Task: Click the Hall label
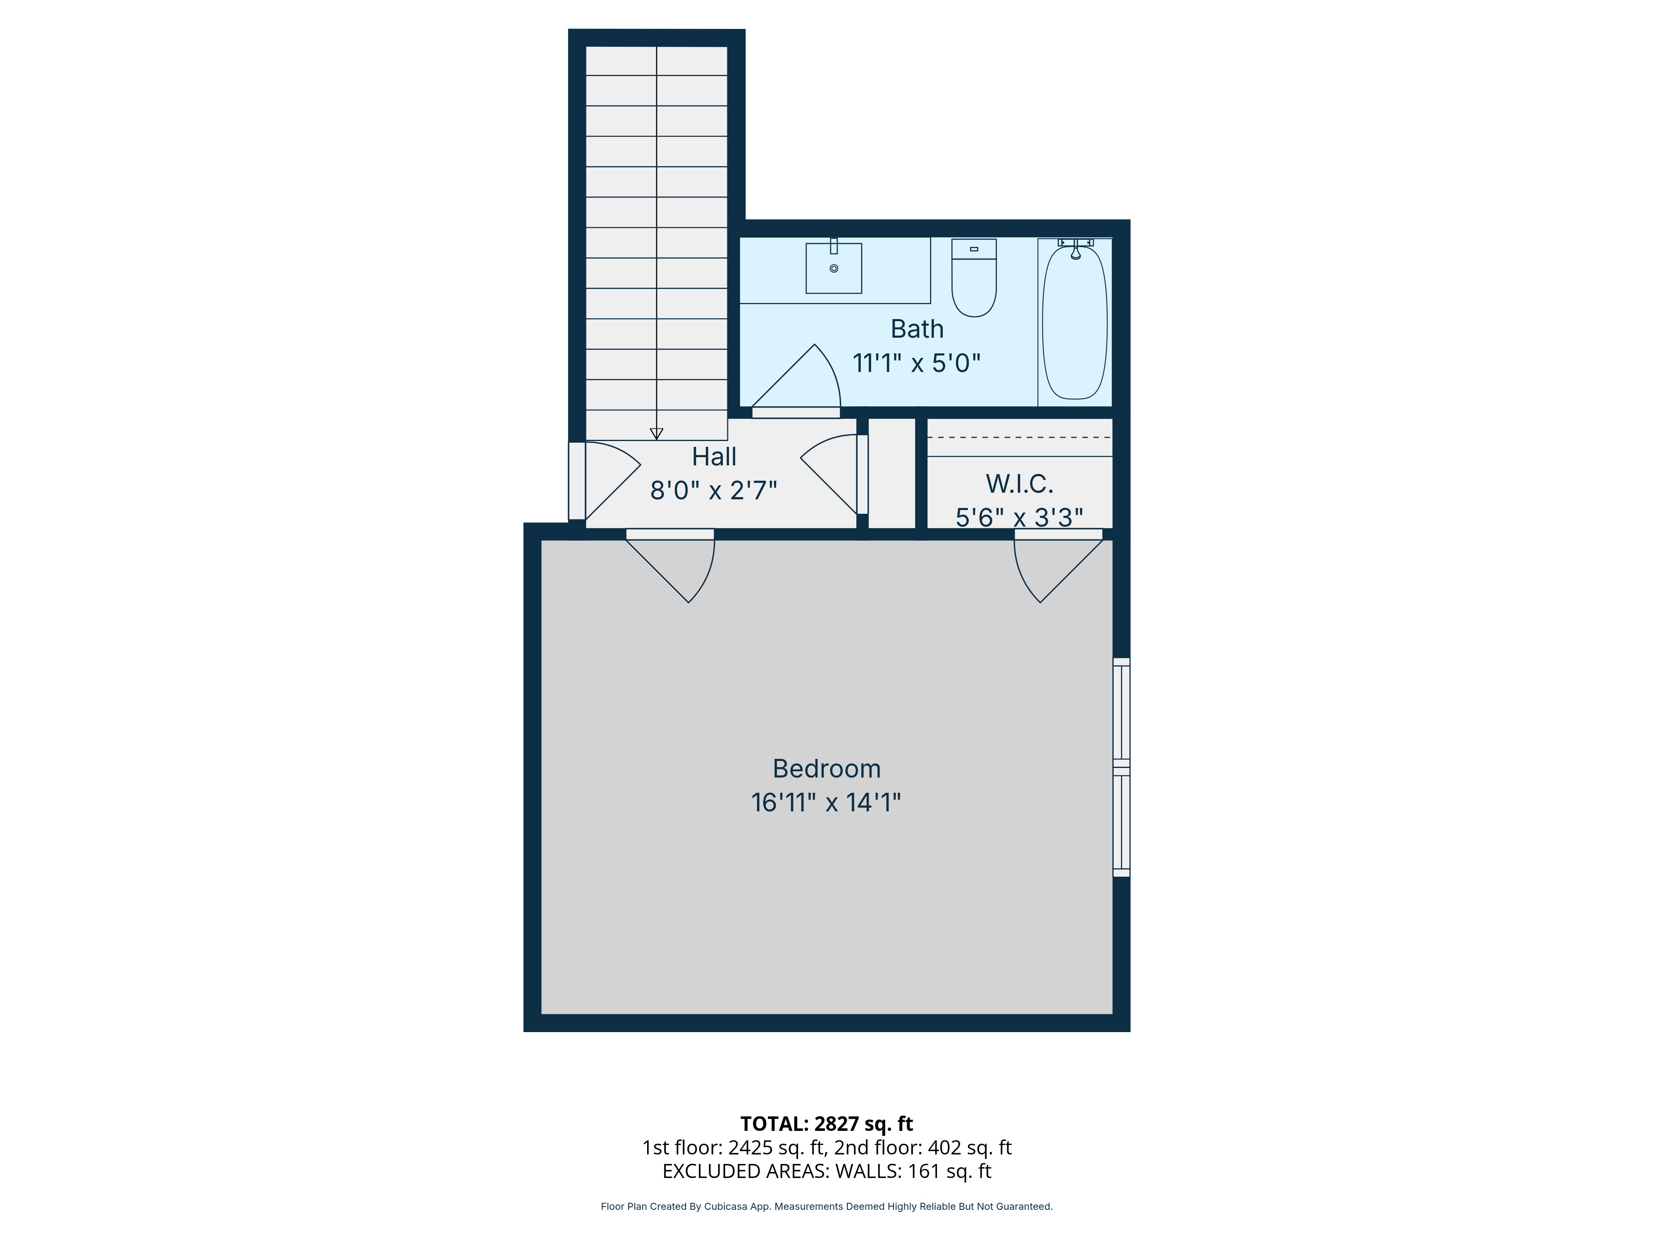[714, 456]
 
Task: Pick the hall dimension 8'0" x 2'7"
[714, 490]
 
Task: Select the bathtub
[1075, 323]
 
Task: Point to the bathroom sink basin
[834, 269]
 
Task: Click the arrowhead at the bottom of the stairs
[657, 434]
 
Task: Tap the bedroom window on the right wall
[1121, 767]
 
